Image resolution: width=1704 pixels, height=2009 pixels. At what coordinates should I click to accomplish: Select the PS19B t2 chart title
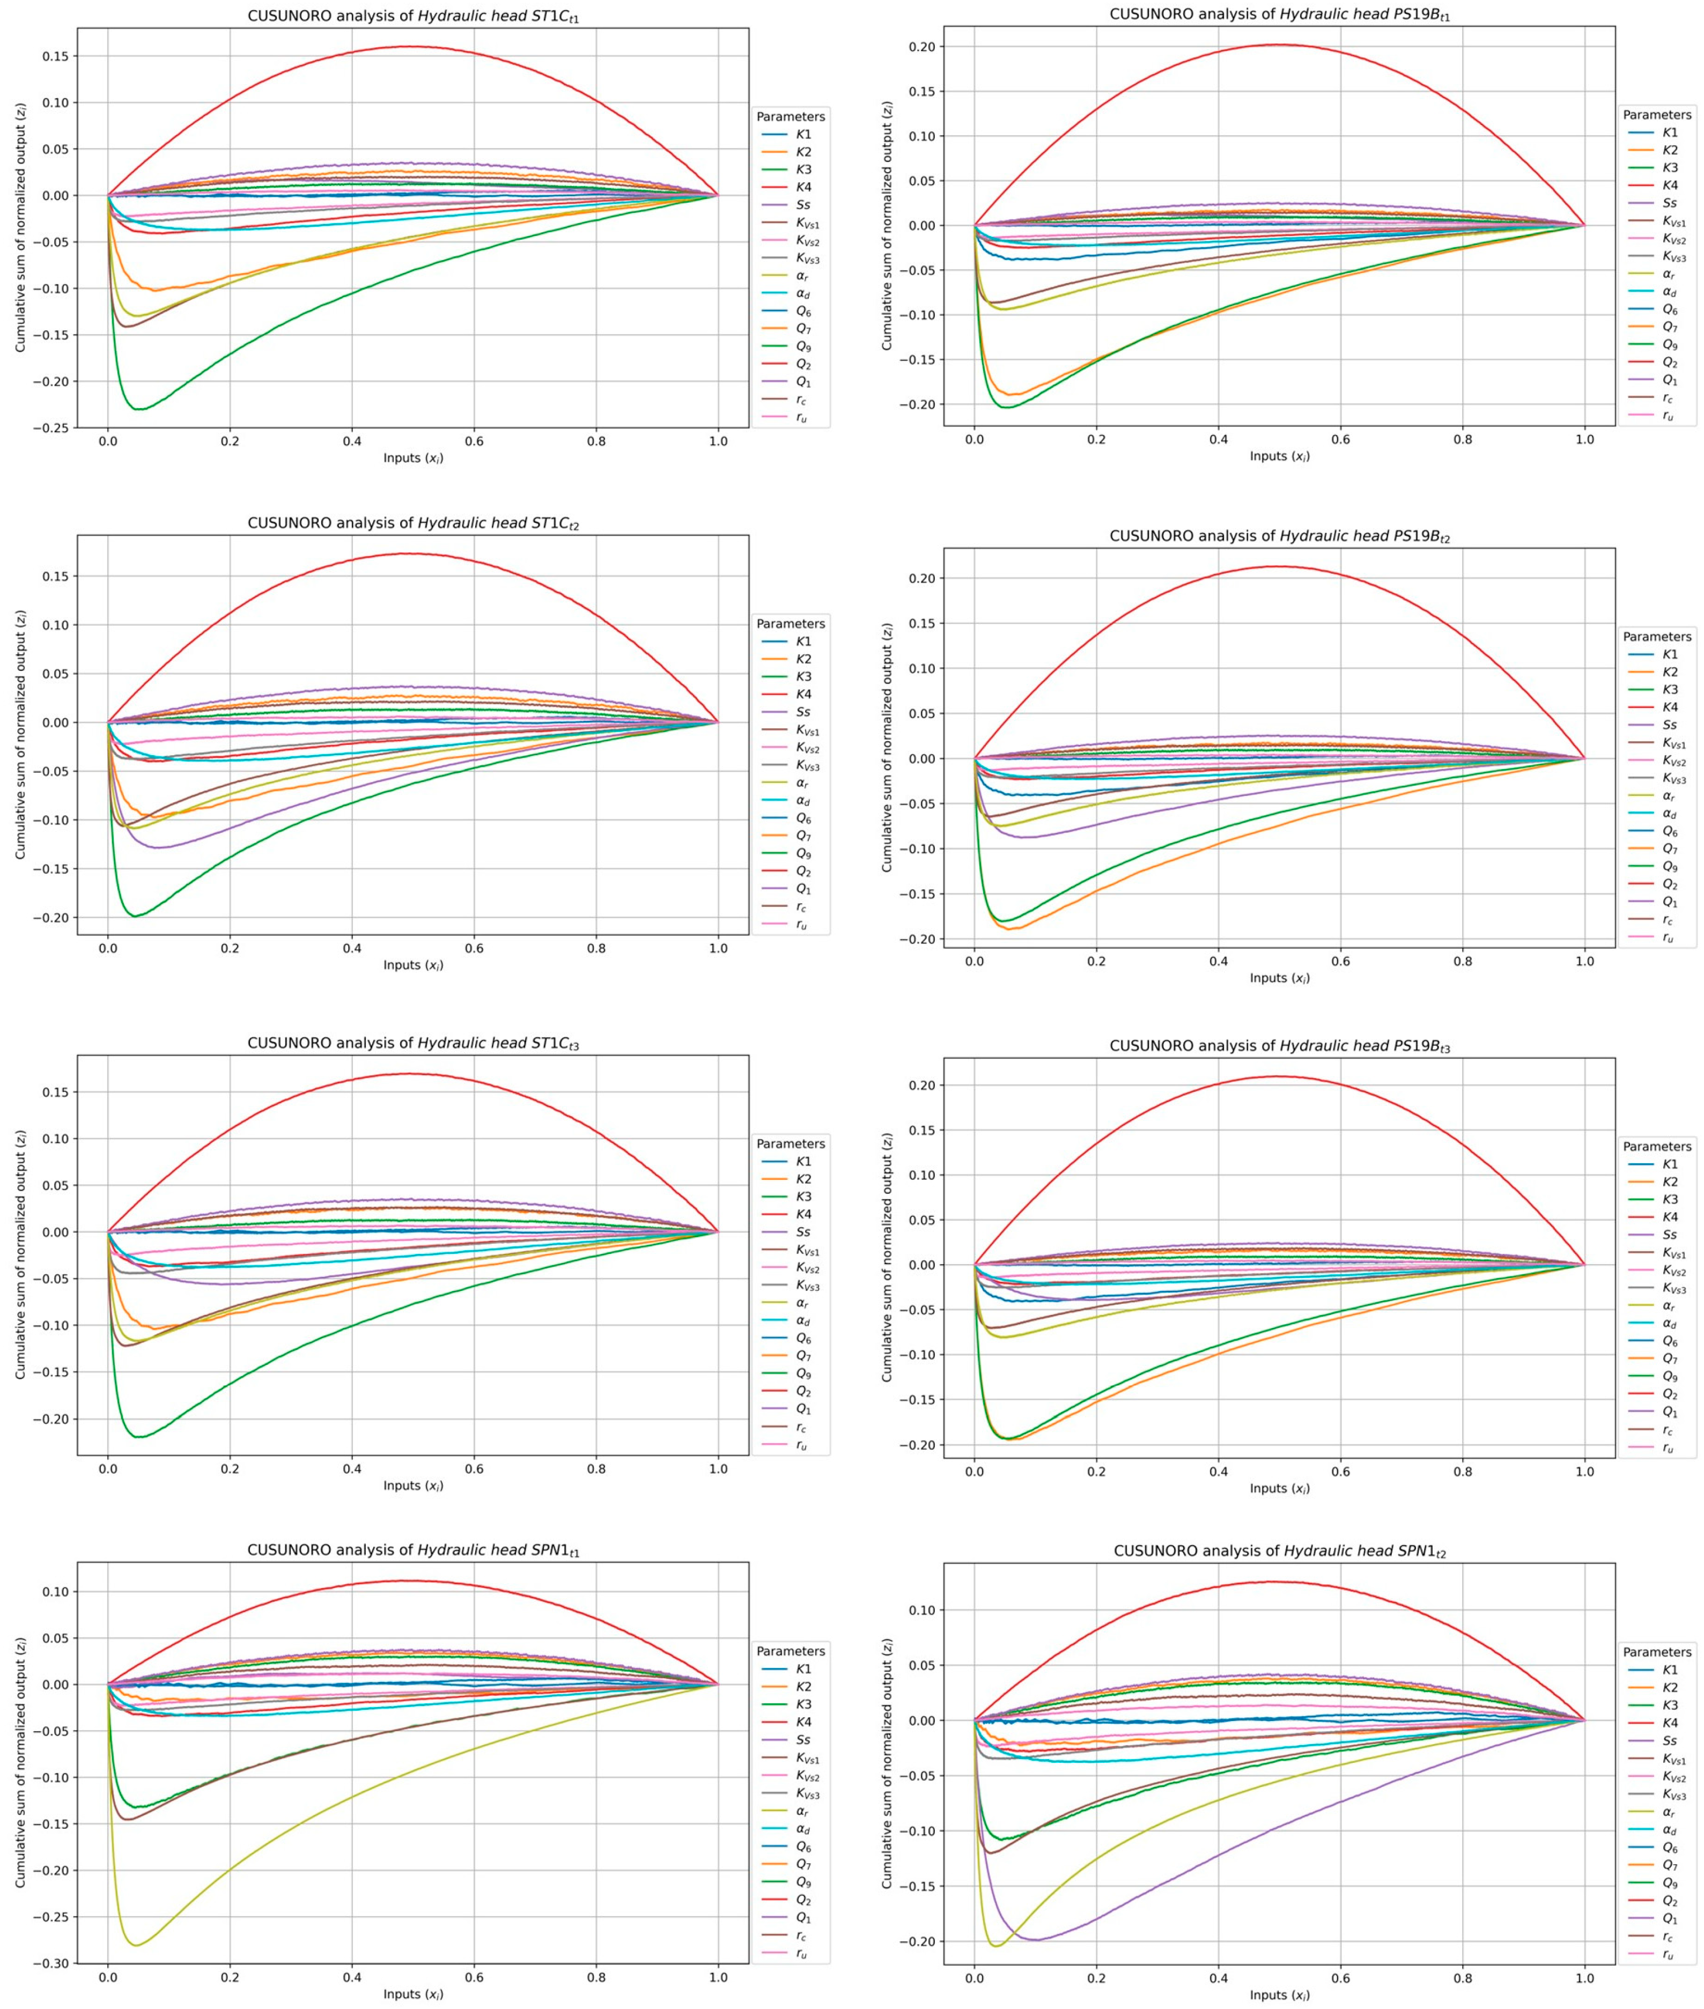click(1279, 536)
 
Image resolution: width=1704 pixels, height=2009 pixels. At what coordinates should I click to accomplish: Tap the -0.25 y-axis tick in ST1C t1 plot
click(52, 428)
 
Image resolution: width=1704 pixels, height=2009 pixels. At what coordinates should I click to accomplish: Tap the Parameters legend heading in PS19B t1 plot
click(1657, 114)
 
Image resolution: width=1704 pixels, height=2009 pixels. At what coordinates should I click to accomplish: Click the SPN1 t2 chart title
click(1279, 1551)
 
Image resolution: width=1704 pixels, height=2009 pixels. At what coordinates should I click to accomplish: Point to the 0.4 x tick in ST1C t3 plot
click(352, 1469)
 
